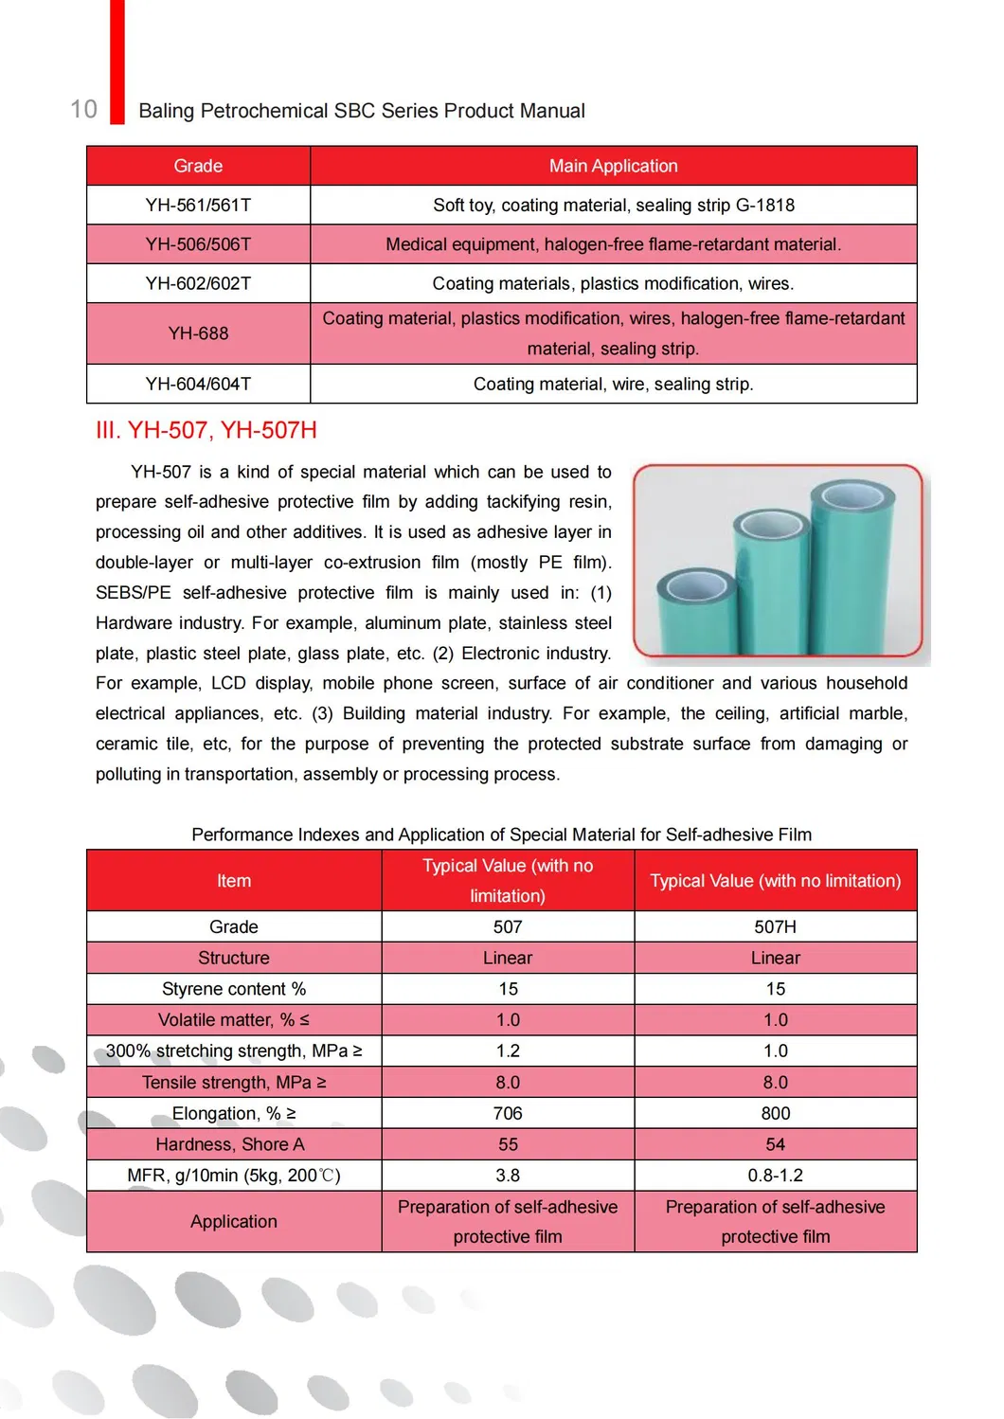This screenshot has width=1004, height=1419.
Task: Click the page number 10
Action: coord(84,109)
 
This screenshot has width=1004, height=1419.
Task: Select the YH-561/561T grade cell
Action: coord(198,205)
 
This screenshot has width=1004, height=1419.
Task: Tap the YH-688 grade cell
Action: coord(198,333)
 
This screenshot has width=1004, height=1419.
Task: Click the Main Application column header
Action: coord(613,166)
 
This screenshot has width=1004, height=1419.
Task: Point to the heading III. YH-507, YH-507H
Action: coord(206,430)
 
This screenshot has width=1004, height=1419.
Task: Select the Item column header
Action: coord(234,881)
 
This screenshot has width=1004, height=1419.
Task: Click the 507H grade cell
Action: coord(775,926)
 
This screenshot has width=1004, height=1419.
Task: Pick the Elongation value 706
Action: coord(508,1113)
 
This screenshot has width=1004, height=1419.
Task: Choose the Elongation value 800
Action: coord(775,1113)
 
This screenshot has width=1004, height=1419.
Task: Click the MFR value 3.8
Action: coord(508,1176)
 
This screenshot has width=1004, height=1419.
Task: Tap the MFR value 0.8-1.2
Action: coord(775,1176)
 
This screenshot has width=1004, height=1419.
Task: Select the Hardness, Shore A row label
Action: coord(230,1144)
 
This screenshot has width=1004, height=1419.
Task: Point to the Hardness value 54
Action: coord(775,1144)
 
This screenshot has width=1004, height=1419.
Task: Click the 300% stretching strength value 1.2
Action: coord(508,1051)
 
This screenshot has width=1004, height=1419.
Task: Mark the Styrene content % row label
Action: coord(234,989)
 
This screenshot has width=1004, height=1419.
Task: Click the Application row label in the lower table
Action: coord(234,1222)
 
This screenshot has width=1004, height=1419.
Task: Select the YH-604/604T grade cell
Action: coord(198,384)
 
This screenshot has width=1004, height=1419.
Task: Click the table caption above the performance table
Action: coord(501,835)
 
